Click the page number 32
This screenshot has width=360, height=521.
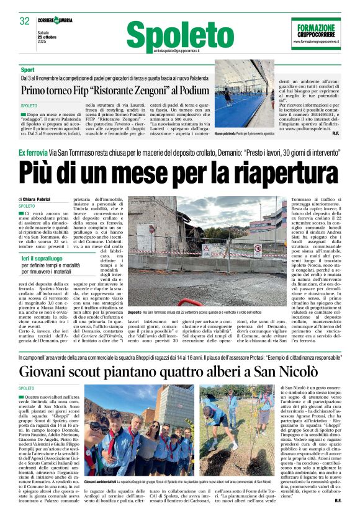pos(24,21)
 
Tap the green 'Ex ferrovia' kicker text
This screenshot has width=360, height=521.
pos(34,151)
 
